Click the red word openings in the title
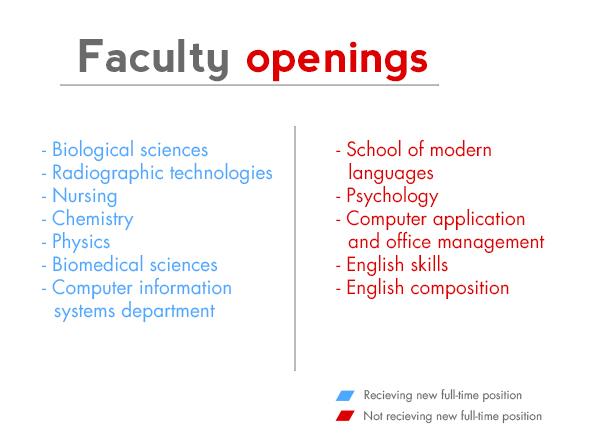tap(337, 61)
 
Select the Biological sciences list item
tap(130, 150)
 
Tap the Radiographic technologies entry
tap(162, 173)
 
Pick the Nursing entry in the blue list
tap(85, 196)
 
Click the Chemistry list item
tap(93, 219)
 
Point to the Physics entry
tap(81, 242)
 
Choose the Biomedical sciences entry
tap(135, 265)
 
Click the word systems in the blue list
tap(84, 312)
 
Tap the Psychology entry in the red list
tap(392, 196)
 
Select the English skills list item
tap(397, 265)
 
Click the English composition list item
tap(427, 289)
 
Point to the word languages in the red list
tap(391, 174)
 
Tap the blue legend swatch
tap(345, 396)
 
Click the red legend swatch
tap(345, 416)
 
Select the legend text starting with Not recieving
tap(452, 416)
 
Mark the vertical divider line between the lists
tap(295, 248)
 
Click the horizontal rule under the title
tap(249, 85)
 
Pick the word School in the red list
tap(374, 149)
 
